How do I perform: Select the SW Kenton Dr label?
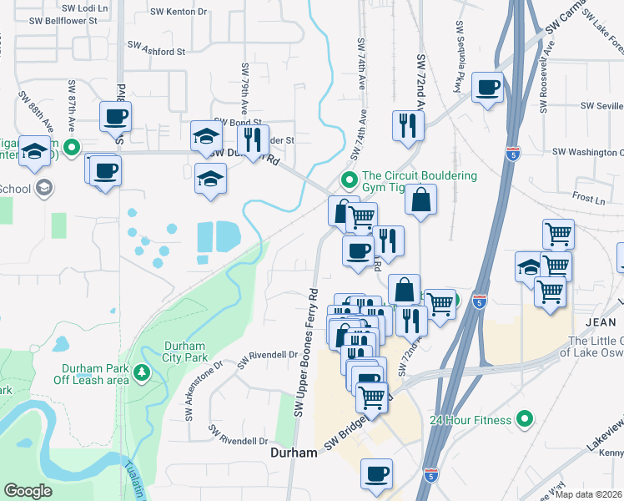click(179, 12)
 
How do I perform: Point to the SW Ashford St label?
click(156, 51)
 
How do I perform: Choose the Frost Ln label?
click(589, 200)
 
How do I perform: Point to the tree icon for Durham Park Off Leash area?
click(143, 372)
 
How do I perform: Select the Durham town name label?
click(294, 453)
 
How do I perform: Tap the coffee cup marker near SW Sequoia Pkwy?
click(487, 87)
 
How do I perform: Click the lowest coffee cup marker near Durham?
click(376, 473)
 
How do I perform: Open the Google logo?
click(28, 491)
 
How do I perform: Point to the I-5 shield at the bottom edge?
click(430, 475)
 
